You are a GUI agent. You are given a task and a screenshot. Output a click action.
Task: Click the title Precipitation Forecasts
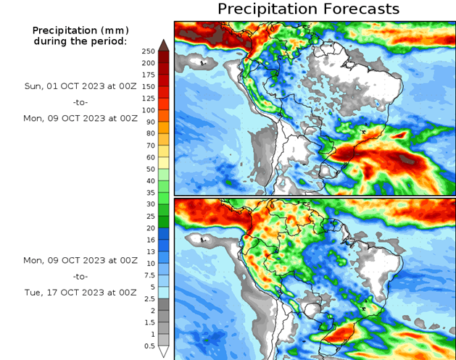point(308,9)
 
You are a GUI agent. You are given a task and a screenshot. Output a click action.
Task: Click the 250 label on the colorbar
point(148,51)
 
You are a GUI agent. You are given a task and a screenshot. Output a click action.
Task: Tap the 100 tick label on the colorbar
point(148,110)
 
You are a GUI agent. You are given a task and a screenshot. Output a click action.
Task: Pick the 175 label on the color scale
point(148,75)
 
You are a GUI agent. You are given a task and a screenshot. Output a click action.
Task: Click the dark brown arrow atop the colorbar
point(164,45)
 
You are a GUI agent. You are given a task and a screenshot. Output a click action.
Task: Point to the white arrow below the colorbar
point(164,352)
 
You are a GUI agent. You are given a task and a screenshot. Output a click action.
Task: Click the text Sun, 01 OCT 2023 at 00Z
point(80,85)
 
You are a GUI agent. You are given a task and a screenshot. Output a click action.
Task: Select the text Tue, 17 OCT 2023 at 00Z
point(80,293)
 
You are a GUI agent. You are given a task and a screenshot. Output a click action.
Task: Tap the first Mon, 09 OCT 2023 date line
point(80,117)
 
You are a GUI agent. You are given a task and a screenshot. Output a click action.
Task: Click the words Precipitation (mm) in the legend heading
point(80,30)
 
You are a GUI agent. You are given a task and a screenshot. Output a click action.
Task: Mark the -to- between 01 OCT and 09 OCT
point(80,101)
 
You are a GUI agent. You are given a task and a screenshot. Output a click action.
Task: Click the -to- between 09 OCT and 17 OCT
point(80,276)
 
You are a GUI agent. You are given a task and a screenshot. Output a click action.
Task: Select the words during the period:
point(80,41)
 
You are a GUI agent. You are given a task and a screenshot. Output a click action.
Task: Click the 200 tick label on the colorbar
point(148,63)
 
